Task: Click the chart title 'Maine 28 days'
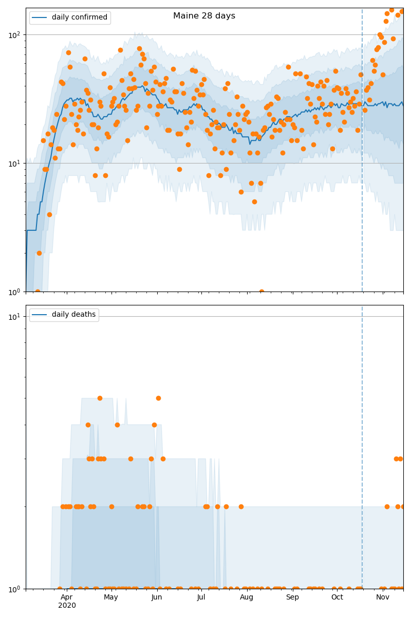(x=204, y=16)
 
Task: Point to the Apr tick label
(x=67, y=597)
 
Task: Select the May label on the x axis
(x=111, y=597)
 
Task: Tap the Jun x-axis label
(x=157, y=597)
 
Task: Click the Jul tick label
(x=201, y=597)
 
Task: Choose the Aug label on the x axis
(x=247, y=597)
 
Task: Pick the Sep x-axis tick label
(x=292, y=597)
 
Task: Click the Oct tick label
(x=337, y=597)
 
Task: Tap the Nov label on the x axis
(x=383, y=597)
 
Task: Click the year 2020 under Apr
(x=67, y=606)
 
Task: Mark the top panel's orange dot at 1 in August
(x=261, y=292)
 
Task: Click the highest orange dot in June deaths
(x=158, y=398)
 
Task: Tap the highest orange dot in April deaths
(x=100, y=398)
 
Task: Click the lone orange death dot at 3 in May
(x=130, y=459)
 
